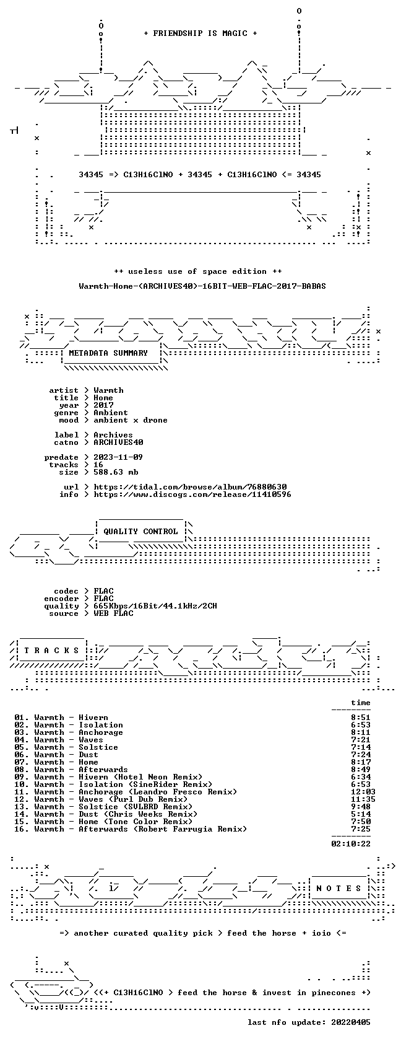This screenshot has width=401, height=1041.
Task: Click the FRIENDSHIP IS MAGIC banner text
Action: (x=200, y=33)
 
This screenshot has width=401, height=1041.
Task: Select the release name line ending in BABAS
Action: (x=202, y=286)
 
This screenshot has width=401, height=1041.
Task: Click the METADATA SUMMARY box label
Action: (x=108, y=353)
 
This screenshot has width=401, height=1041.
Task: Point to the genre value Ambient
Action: (x=110, y=413)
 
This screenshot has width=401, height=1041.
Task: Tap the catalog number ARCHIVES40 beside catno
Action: (x=118, y=442)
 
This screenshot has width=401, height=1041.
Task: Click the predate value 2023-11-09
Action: (x=118, y=457)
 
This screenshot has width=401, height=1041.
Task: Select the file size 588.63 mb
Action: (x=116, y=472)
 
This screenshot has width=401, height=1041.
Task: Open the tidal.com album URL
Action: (x=191, y=487)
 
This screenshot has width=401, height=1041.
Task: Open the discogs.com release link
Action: (x=192, y=494)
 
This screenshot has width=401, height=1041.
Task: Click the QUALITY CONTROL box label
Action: (x=140, y=532)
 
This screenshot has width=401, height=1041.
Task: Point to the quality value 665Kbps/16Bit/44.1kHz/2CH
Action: (x=155, y=606)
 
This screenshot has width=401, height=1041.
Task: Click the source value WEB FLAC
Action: (x=113, y=613)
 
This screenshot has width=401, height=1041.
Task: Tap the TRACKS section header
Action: (x=51, y=651)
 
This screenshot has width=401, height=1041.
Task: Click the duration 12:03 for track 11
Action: (x=363, y=792)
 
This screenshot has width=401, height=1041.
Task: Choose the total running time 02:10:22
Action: (x=351, y=844)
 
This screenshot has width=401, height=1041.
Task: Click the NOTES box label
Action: (x=338, y=889)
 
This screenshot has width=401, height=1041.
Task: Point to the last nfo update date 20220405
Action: (x=351, y=1022)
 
